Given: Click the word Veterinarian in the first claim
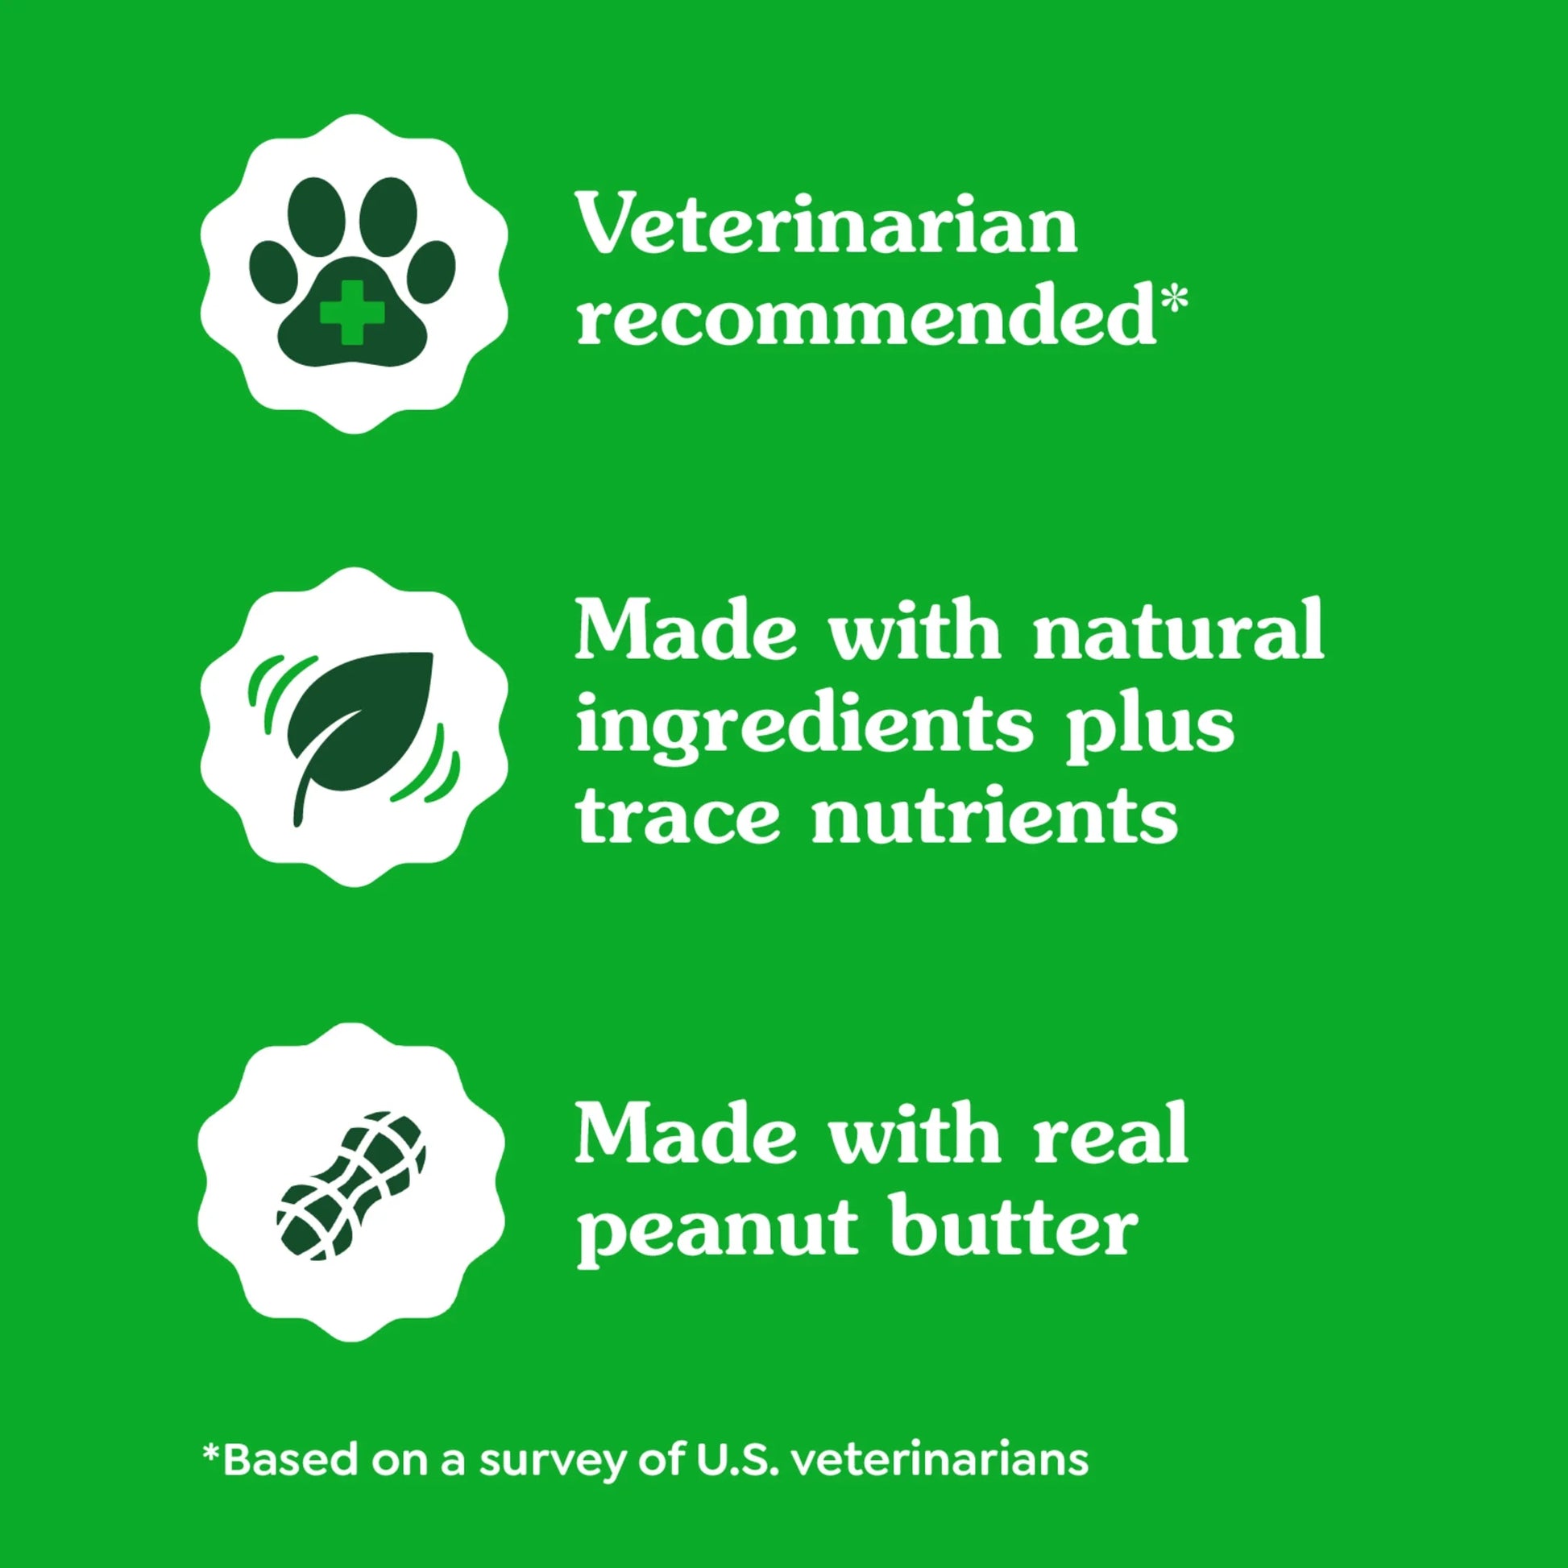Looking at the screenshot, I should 826,224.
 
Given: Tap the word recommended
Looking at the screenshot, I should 865,317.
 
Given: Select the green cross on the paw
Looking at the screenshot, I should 351,311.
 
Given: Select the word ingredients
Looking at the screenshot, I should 805,726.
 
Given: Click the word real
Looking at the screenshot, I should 1111,1134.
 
